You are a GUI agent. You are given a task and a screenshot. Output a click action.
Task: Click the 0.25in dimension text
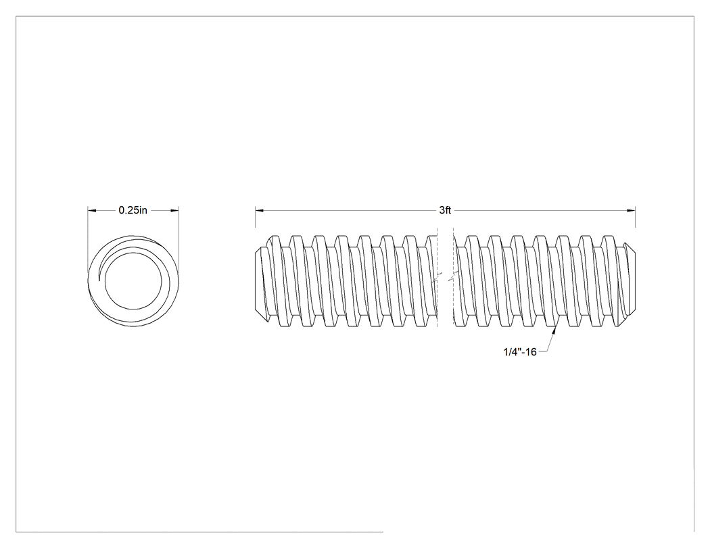point(133,210)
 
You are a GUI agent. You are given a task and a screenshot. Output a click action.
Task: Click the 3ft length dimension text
point(445,210)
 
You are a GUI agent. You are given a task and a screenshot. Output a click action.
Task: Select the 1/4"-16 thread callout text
point(520,351)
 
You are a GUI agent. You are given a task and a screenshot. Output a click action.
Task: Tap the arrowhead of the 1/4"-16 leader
point(554,332)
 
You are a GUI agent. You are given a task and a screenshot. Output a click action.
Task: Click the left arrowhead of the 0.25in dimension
point(92,210)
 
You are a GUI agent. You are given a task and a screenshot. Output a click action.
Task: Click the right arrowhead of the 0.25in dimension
point(174,210)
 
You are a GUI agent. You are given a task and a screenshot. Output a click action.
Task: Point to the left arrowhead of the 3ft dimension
point(260,210)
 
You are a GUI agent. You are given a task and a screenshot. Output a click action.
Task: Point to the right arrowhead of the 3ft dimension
point(631,210)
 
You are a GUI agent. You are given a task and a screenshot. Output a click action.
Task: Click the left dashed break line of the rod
point(437,280)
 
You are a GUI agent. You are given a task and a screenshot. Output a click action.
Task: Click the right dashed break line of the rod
point(453,280)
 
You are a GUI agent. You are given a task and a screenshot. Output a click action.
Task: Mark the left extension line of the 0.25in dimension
point(88,240)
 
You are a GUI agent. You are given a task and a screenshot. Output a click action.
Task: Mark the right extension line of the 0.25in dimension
point(179,240)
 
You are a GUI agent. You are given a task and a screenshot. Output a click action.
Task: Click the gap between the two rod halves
point(445,280)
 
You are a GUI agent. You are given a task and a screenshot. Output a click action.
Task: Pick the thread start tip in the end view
point(99,280)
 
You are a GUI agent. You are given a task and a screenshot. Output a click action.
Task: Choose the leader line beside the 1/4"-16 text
point(546,345)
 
